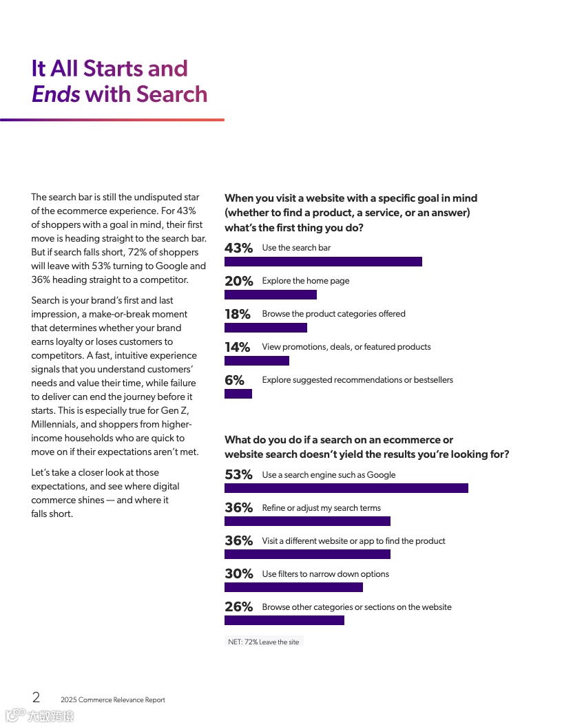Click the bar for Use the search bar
tap(323, 262)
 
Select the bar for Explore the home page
tap(271, 295)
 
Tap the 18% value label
tap(238, 314)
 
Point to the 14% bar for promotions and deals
tap(257, 361)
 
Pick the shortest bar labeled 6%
tap(238, 394)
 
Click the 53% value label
tap(238, 474)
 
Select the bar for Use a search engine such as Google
tap(346, 488)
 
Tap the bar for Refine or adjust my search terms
tap(307, 521)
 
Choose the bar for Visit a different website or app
tap(307, 554)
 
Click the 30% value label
tap(238, 573)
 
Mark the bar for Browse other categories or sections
tap(284, 620)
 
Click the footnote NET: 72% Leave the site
tap(264, 642)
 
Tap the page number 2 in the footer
tap(36, 697)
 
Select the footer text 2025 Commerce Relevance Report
tap(113, 700)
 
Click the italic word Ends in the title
tap(56, 94)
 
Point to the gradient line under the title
tap(112, 120)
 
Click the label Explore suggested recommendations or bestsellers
tap(357, 380)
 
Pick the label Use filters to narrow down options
tap(325, 574)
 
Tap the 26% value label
tap(238, 607)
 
